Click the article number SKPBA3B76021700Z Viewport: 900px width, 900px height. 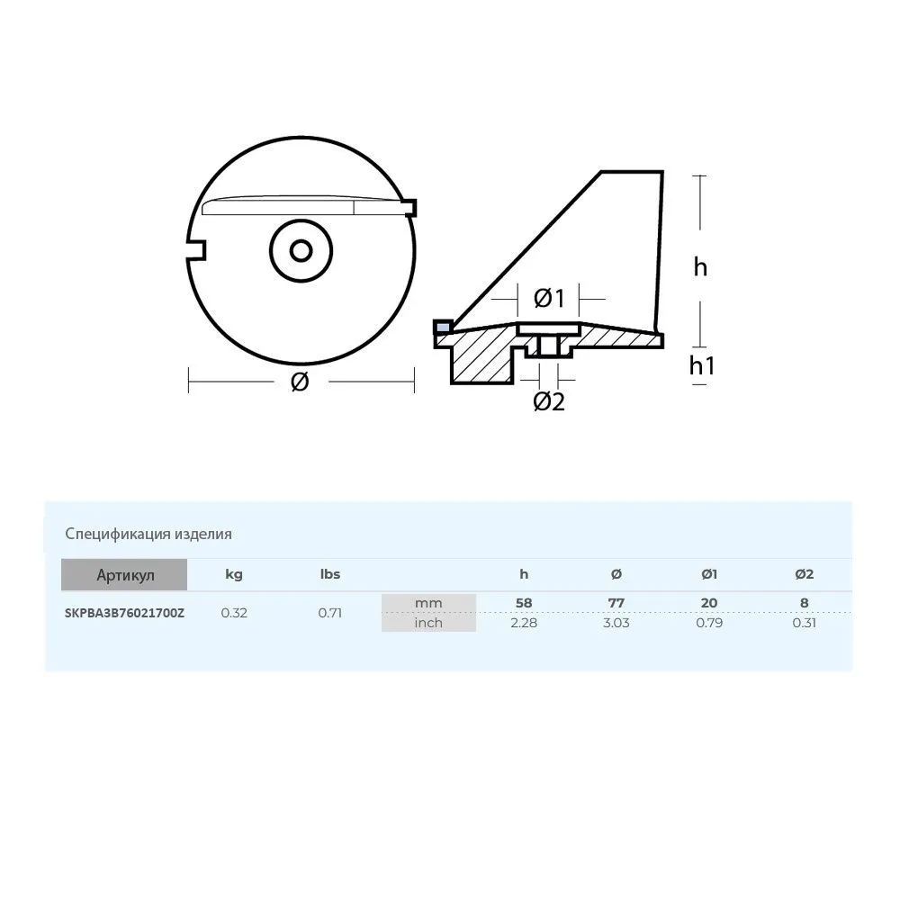click(x=124, y=613)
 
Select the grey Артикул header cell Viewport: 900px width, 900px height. click(x=124, y=574)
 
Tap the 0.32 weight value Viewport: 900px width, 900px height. click(x=234, y=613)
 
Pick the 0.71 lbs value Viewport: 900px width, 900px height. click(x=329, y=613)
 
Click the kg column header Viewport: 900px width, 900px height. click(x=233, y=574)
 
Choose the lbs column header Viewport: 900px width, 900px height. click(x=329, y=574)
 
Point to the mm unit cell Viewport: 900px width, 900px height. click(x=428, y=603)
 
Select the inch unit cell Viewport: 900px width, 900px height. click(x=428, y=622)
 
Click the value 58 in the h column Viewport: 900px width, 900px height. click(x=523, y=602)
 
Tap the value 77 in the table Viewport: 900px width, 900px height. click(x=616, y=602)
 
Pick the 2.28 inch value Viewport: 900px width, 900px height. click(x=523, y=622)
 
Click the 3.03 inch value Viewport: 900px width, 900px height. click(x=616, y=622)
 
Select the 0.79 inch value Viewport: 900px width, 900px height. click(x=709, y=622)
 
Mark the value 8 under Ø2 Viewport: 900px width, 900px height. click(x=804, y=602)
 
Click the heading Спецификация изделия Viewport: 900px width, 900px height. click(x=148, y=534)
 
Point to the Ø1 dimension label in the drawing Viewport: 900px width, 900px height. click(x=548, y=297)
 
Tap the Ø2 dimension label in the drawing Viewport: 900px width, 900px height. click(x=548, y=401)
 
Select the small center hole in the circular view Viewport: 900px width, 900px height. click(x=301, y=249)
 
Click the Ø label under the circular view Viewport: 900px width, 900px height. click(x=301, y=382)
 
